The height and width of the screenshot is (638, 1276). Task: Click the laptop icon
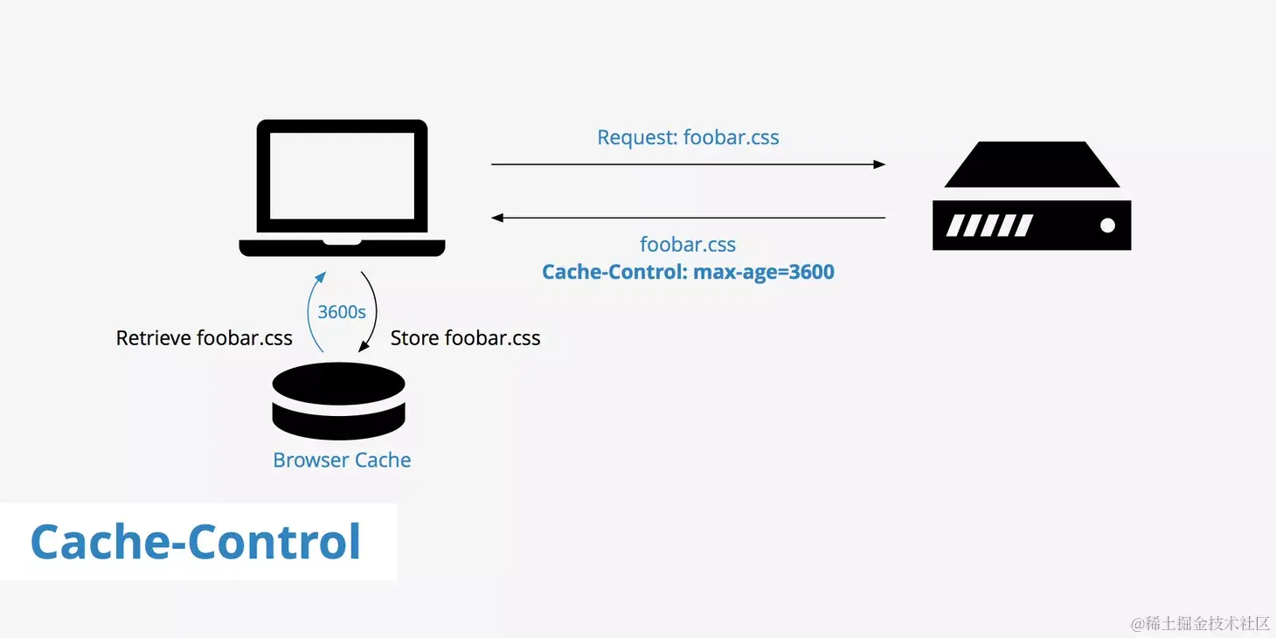[x=342, y=188]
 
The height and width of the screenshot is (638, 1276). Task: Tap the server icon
[x=1031, y=197]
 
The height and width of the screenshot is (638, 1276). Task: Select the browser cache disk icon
[x=339, y=402]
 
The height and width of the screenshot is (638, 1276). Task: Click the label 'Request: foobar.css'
[x=688, y=137]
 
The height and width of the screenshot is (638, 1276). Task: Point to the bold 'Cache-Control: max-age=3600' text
[x=688, y=272]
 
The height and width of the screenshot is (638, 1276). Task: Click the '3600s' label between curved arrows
[x=342, y=312]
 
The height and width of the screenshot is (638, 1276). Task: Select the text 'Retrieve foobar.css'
[x=205, y=338]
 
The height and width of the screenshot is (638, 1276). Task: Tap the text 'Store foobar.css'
[x=465, y=338]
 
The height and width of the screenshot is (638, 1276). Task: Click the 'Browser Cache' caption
[x=342, y=460]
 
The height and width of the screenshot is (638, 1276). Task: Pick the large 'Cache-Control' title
[x=196, y=542]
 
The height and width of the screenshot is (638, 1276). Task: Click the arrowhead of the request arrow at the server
[x=879, y=164]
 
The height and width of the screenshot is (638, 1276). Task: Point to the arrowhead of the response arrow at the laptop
[x=497, y=218]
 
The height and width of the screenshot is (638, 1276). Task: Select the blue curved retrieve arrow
[x=311, y=310]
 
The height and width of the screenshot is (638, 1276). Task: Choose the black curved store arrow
[x=374, y=310]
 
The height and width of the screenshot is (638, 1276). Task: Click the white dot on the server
[x=1107, y=225]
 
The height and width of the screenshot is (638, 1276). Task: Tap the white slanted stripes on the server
[x=990, y=225]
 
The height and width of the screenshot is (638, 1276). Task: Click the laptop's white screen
[x=342, y=176]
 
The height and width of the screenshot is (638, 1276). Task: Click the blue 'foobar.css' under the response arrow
[x=688, y=245]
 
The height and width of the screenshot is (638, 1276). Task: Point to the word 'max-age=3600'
[x=764, y=272]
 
